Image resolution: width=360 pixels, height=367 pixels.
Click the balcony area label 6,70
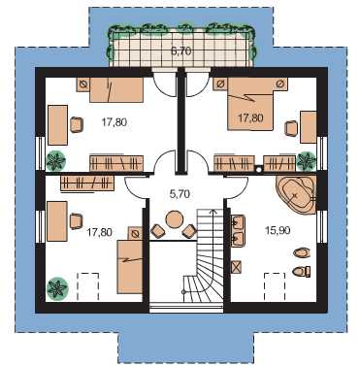181,50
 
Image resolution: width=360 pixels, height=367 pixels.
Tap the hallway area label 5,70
180,194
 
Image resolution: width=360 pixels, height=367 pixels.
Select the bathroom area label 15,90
278,230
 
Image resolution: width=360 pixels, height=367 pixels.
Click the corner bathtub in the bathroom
296,195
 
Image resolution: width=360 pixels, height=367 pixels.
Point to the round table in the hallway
175,219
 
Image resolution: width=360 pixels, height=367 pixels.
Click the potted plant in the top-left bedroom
56,161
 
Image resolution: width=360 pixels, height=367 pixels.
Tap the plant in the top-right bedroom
306,161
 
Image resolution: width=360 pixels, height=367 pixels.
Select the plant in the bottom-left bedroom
57,287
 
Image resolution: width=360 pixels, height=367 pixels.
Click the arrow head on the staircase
213,211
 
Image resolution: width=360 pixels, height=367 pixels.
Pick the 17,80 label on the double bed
250,117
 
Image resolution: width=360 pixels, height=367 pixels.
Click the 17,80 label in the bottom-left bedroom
100,232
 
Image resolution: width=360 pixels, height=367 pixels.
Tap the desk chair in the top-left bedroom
77,124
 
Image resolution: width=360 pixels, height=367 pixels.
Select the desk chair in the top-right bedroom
291,128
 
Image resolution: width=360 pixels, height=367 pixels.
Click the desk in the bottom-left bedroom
57,221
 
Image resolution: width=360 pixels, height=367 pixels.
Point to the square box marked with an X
237,267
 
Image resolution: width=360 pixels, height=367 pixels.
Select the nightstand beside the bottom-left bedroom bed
136,233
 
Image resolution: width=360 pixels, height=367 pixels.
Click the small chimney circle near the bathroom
258,168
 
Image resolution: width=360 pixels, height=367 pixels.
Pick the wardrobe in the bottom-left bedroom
87,183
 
